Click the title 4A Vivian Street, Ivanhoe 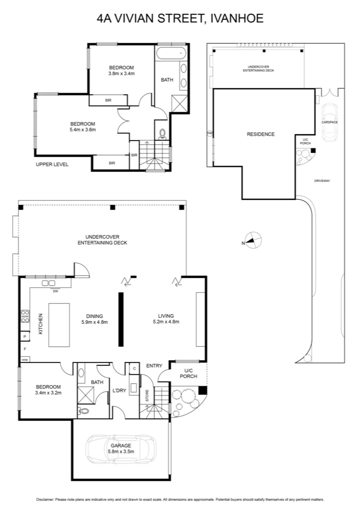tap(180, 19)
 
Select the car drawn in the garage tap(121, 446)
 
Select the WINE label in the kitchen tap(25, 360)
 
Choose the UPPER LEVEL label tap(52, 164)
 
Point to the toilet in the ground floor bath tap(85, 410)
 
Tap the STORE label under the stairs tap(147, 395)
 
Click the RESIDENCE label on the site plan tap(261, 134)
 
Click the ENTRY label tap(154, 366)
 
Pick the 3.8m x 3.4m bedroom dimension tap(122, 73)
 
